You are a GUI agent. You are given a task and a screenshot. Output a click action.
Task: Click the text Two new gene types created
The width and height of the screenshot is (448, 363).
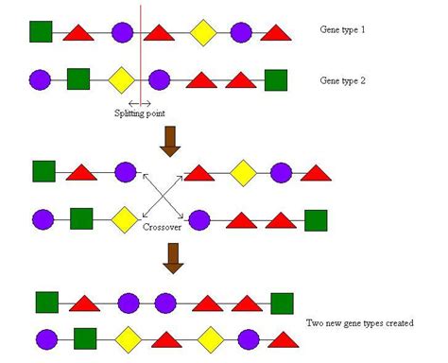click(x=367, y=322)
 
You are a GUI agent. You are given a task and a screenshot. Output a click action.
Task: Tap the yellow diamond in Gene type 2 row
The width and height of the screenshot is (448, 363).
click(x=121, y=78)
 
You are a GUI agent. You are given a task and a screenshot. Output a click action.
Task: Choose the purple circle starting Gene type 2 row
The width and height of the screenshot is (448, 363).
click(x=41, y=78)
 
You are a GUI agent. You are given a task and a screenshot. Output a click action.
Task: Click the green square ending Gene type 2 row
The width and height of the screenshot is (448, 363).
click(x=275, y=79)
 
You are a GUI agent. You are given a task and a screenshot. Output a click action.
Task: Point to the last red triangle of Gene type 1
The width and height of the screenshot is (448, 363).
click(x=276, y=35)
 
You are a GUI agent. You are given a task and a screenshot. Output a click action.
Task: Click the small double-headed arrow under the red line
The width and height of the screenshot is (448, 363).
click(x=140, y=102)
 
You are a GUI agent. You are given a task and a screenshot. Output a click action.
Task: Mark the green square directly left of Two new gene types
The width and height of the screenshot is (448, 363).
click(x=282, y=302)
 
